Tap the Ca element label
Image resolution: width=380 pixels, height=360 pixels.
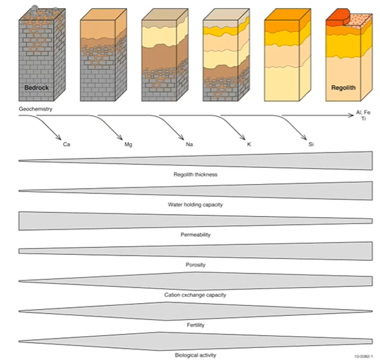coord(67,144)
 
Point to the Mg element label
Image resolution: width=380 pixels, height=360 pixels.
coord(129,144)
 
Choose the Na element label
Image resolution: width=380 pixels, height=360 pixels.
coord(190,144)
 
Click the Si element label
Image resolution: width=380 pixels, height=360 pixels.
coord(311,144)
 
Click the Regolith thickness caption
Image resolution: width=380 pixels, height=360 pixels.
coord(195,174)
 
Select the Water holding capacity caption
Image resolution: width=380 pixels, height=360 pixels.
coord(195,204)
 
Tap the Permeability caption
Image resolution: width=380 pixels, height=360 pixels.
coord(195,235)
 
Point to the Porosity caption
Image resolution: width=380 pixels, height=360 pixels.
coord(195,264)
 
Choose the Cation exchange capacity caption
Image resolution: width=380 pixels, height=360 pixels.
coord(195,294)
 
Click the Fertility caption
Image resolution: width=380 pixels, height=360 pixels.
coord(195,325)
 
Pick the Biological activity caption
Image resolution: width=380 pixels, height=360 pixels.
coord(195,355)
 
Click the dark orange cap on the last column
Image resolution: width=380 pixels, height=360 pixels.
coord(334,16)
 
